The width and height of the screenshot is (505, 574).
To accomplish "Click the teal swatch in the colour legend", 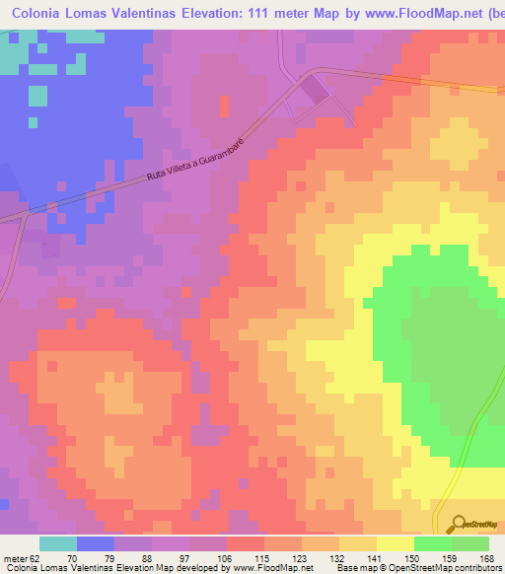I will click(x=58, y=543).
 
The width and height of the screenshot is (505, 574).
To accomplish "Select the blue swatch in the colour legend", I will click(x=96, y=543).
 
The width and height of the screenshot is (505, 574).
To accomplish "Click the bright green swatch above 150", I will click(x=432, y=543).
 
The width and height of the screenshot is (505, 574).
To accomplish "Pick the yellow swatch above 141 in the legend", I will click(x=395, y=543).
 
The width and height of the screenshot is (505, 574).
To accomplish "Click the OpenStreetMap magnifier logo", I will click(x=457, y=523).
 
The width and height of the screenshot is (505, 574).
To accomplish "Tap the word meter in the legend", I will click(x=13, y=557).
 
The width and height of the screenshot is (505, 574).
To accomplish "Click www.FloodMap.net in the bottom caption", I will click(x=270, y=569).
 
